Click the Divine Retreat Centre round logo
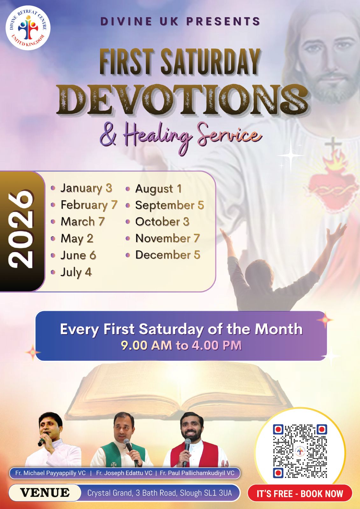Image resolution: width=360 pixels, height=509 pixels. tap(28, 28)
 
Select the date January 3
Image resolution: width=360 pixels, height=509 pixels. tap(86, 188)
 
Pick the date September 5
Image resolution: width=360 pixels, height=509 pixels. tap(170, 206)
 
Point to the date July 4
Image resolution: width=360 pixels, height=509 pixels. tap(76, 272)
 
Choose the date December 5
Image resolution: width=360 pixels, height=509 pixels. tap(168, 255)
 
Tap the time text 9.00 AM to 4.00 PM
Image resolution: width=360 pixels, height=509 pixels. tap(181, 345)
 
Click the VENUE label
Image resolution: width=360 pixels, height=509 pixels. tap(45, 493)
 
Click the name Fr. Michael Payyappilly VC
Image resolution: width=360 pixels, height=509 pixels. tap(51, 473)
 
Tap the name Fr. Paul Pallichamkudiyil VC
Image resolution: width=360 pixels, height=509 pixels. tap(197, 473)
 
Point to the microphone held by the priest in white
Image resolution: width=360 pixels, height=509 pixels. tap(43, 439)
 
